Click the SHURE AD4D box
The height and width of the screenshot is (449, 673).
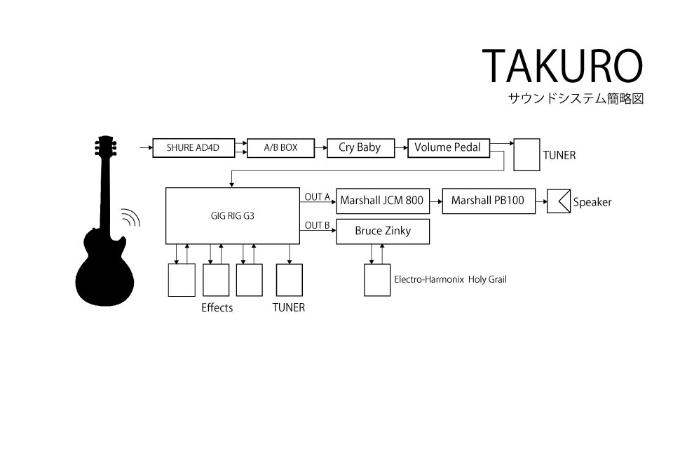[193, 148]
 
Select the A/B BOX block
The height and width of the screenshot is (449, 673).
[280, 148]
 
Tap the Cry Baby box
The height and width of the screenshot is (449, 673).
[360, 148]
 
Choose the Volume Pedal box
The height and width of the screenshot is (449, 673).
[449, 148]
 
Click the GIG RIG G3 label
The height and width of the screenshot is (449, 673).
[232, 215]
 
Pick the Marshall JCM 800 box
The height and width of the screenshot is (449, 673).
[383, 201]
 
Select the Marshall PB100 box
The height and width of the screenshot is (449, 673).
[489, 201]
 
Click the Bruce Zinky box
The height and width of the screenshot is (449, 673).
[383, 232]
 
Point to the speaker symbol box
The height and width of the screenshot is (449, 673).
[559, 201]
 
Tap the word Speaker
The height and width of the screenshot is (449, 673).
[592, 202]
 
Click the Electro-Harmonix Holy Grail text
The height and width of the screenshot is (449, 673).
[450, 279]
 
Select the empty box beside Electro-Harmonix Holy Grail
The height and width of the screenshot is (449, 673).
[377, 280]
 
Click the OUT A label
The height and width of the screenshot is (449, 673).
[317, 196]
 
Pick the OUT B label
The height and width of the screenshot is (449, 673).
[317, 225]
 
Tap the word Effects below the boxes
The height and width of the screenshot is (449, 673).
[217, 308]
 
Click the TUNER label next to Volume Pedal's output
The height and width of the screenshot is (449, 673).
[559, 155]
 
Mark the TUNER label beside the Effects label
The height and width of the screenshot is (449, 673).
[288, 308]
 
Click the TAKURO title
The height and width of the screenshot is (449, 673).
[562, 66]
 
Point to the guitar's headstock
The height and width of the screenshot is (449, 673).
[106, 146]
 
